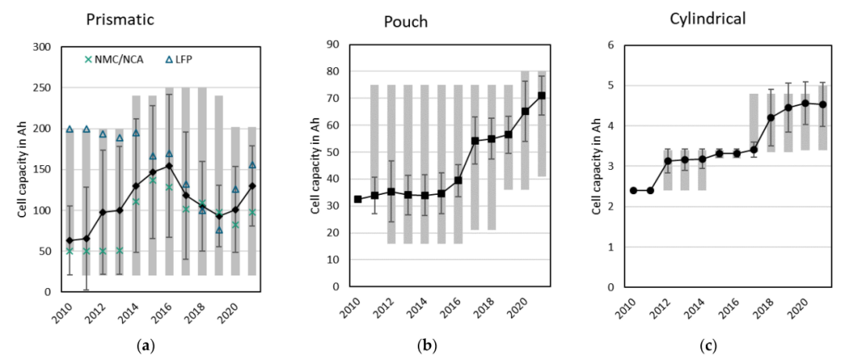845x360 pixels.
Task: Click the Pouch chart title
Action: [x=405, y=21]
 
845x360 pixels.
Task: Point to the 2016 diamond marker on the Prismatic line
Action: [x=169, y=165]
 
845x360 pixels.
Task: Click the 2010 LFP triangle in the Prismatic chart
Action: [x=70, y=129]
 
